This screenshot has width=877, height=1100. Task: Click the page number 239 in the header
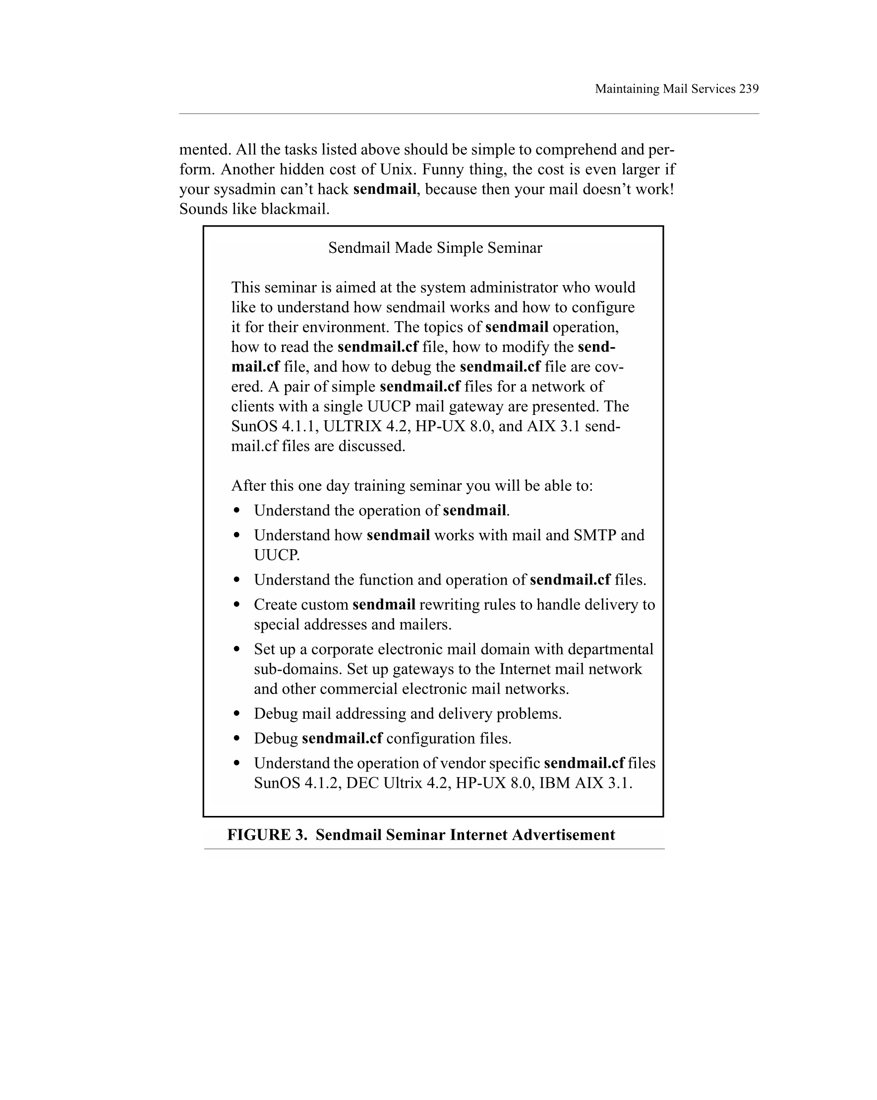[749, 89]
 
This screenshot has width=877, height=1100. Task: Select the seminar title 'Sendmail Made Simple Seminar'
[435, 248]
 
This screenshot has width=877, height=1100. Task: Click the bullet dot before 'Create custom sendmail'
[236, 605]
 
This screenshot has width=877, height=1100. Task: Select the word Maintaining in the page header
[627, 89]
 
